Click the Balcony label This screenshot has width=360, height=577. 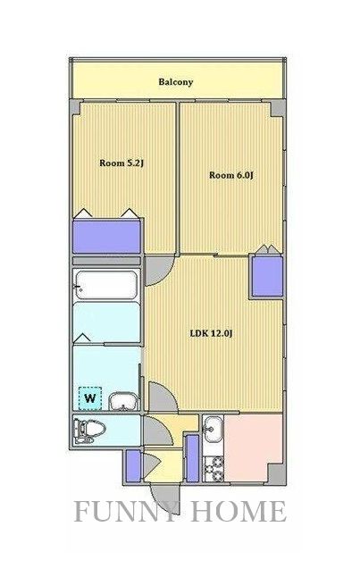(176, 81)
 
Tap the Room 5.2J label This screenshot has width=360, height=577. (121, 163)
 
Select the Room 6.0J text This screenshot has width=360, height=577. (231, 175)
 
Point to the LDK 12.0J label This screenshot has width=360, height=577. (212, 334)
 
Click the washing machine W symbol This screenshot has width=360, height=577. (90, 397)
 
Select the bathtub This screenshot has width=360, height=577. (106, 286)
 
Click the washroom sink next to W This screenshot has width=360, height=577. (123, 401)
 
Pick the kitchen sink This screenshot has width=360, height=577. (213, 430)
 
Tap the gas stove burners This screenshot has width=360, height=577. (213, 468)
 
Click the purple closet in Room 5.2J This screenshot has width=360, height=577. (106, 237)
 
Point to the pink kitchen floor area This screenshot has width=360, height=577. (253, 447)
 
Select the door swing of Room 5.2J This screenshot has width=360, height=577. (159, 271)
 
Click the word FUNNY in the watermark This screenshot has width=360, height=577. (127, 511)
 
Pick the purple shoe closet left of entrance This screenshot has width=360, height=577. (133, 465)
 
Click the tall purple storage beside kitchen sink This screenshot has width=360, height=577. (193, 458)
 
